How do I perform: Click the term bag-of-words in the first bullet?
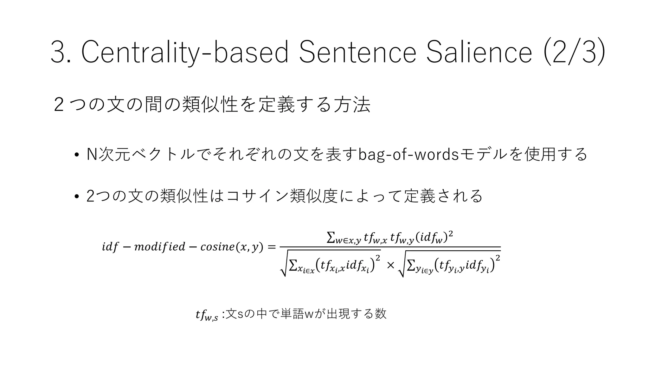[408, 154]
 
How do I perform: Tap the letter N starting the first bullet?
[92, 154]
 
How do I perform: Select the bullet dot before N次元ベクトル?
[76, 155]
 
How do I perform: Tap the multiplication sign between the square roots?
[390, 265]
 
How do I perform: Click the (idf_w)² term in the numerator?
[434, 237]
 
